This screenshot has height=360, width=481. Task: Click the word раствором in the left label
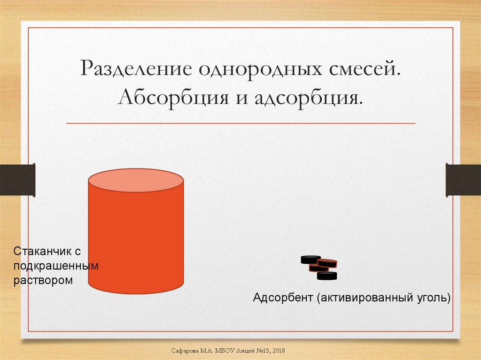pos(43,281)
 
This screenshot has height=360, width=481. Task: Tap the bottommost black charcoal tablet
pos(327,276)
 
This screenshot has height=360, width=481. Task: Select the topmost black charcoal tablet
pos(310,259)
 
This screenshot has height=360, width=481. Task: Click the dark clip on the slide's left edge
pos(17,180)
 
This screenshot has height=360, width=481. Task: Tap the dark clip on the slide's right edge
pos(463,180)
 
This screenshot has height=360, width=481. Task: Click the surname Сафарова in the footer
pos(184,351)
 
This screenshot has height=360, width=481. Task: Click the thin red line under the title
pos(240,123)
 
